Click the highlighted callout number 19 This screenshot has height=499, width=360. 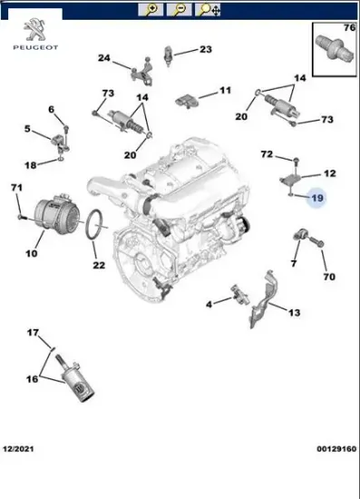pyautogui.click(x=317, y=198)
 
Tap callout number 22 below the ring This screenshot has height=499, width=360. pyautogui.click(x=99, y=265)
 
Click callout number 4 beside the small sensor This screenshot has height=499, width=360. pyautogui.click(x=209, y=303)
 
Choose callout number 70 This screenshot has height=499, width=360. pyautogui.click(x=329, y=277)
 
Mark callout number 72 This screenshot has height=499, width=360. pyautogui.click(x=267, y=155)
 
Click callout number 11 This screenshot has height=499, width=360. pyautogui.click(x=225, y=90)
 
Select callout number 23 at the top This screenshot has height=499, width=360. pyautogui.click(x=205, y=49)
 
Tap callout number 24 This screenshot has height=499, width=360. pyautogui.click(x=104, y=59)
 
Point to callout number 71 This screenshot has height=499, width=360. pyautogui.click(x=15, y=187)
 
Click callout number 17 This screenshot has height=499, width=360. pyautogui.click(x=33, y=333)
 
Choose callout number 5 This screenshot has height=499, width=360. pyautogui.click(x=28, y=128)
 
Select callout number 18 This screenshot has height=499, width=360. pyautogui.click(x=30, y=165)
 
